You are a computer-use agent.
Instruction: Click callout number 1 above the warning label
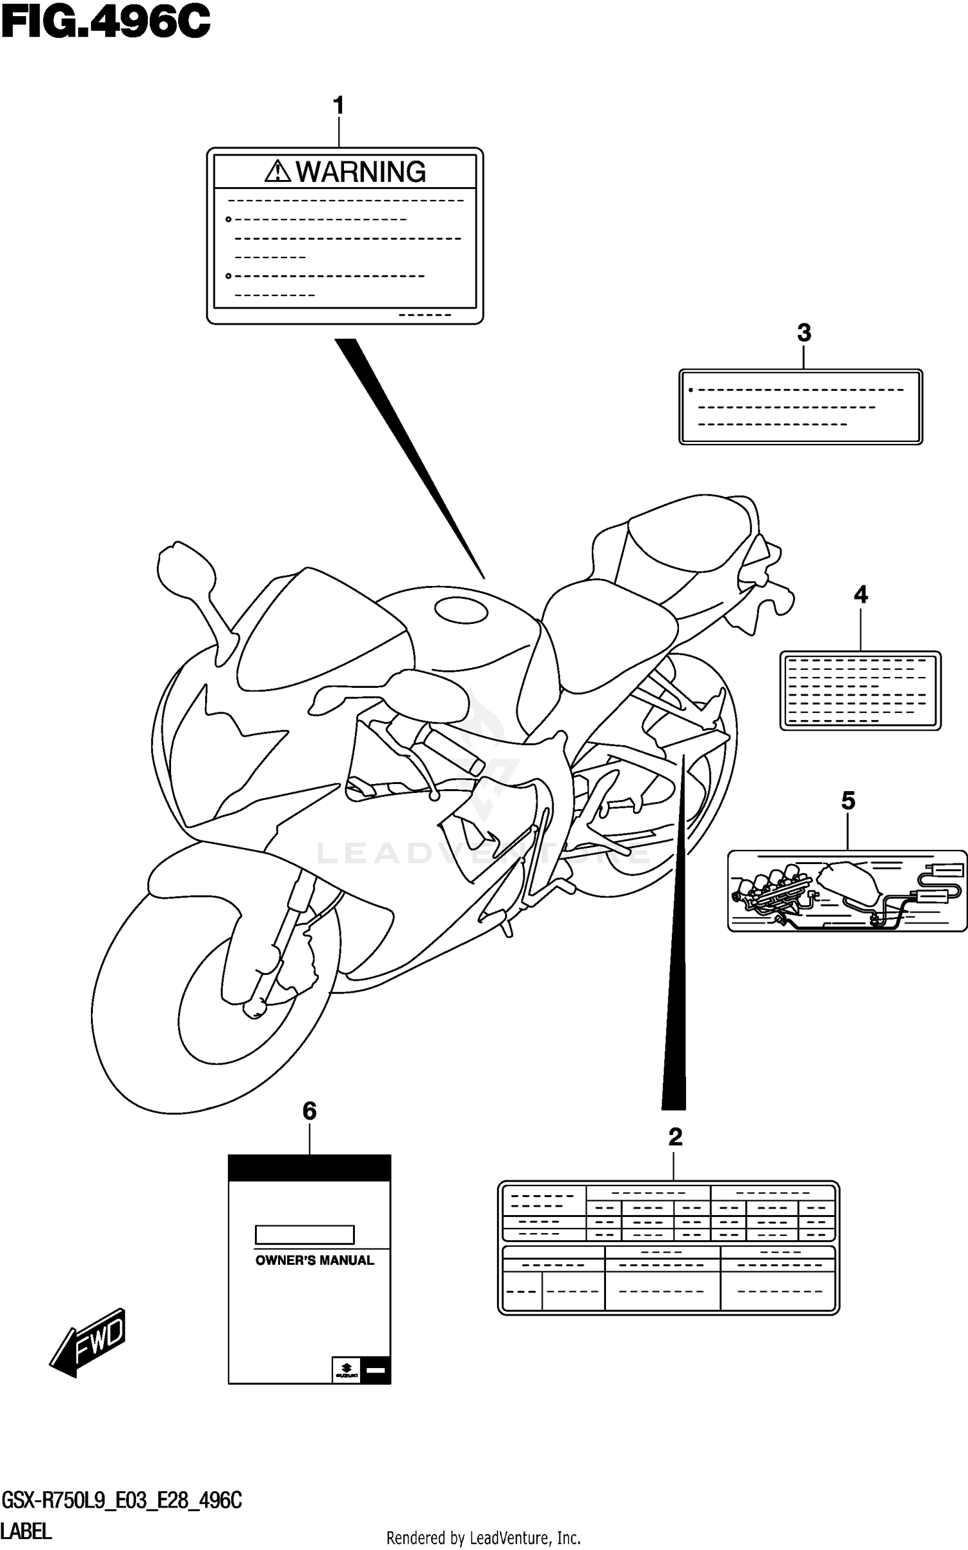coord(338,106)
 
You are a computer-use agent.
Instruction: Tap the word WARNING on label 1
coord(361,172)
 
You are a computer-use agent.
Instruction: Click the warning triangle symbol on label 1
coord(277,171)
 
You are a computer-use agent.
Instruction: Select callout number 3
coord(803,333)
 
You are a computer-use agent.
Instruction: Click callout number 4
coord(860,594)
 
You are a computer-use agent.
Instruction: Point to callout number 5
coord(848,801)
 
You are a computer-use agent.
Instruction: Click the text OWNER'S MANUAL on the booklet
coord(314,1260)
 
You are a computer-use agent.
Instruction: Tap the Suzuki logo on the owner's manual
coord(346,1369)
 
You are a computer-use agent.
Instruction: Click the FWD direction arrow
coord(89,1342)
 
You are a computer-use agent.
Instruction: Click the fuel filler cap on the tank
coord(461,610)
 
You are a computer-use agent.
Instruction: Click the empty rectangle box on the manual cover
coord(305,1234)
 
